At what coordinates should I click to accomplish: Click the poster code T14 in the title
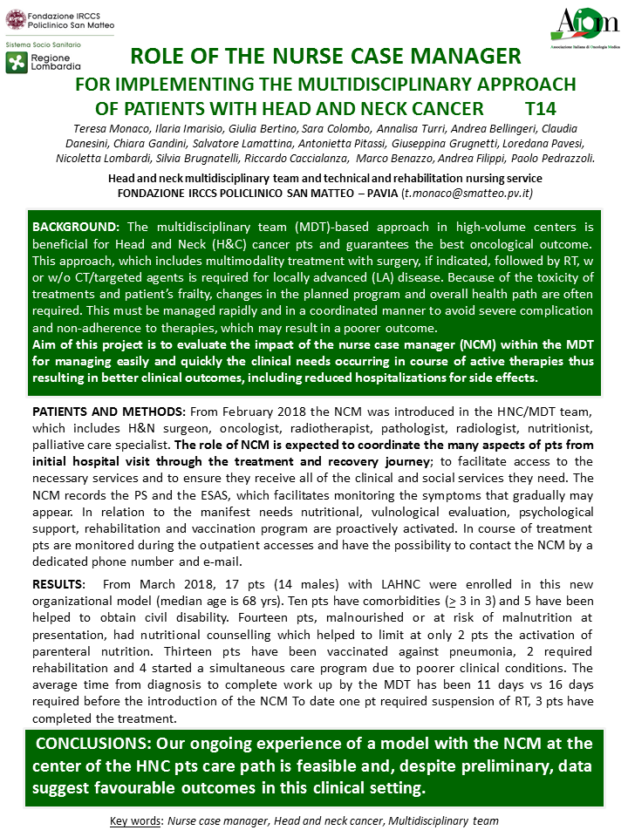pyautogui.click(x=541, y=109)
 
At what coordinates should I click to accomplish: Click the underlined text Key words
pyautogui.click(x=136, y=820)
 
